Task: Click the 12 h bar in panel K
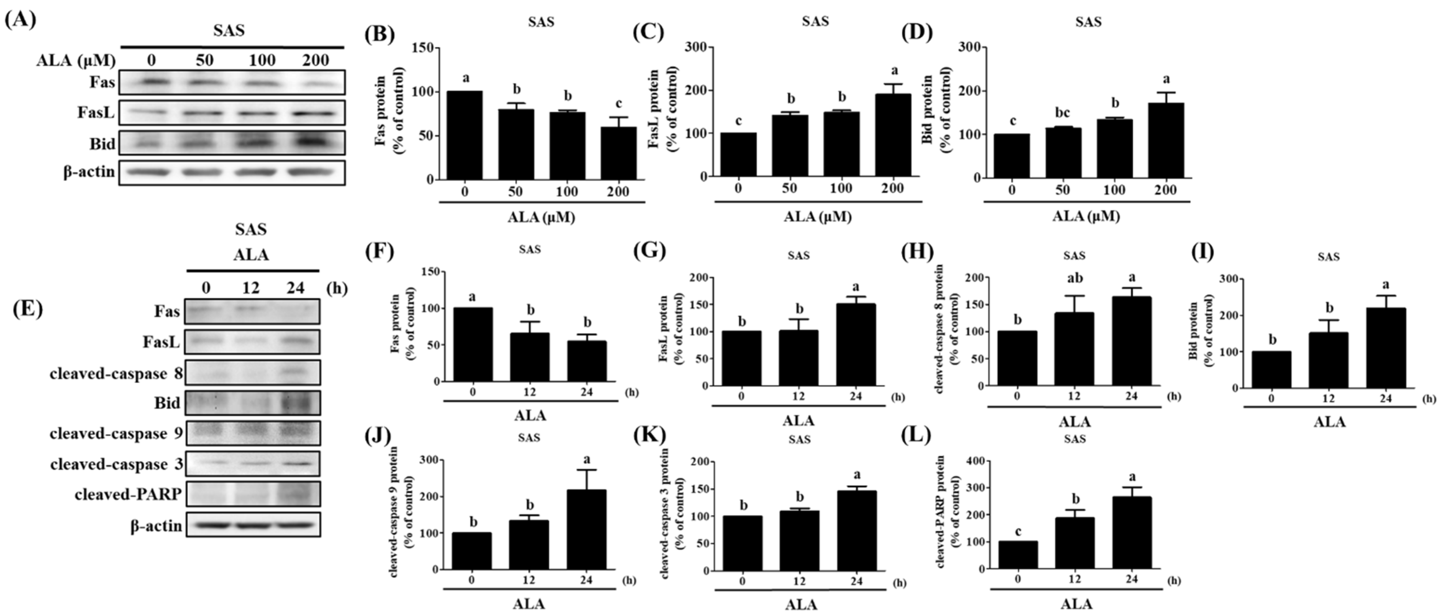click(x=799, y=541)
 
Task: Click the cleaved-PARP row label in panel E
click(x=128, y=494)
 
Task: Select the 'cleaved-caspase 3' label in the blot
click(x=116, y=465)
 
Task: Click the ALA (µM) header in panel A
click(x=75, y=60)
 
